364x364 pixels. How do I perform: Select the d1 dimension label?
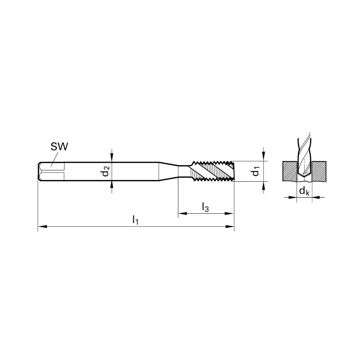click(x=257, y=171)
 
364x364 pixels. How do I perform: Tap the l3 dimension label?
click(x=205, y=207)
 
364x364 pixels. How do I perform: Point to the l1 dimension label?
click(x=135, y=220)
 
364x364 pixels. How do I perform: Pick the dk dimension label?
click(x=304, y=191)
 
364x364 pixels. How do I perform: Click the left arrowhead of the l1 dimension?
click(x=41, y=227)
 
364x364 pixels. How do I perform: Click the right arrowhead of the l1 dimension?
click(x=230, y=227)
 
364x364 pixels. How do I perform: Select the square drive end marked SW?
click(x=51, y=171)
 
